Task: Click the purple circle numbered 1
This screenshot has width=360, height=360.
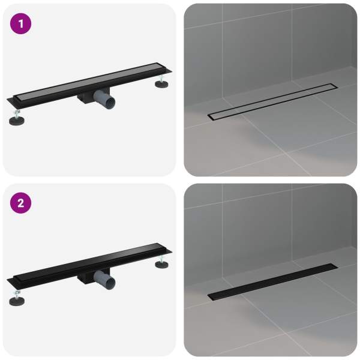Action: tap(20, 23)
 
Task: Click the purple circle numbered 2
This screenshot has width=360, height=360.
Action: tap(20, 203)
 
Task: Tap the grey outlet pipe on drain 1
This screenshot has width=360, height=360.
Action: tap(104, 99)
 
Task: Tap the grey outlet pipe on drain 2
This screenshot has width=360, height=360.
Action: tap(104, 279)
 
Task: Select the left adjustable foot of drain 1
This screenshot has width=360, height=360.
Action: tap(17, 119)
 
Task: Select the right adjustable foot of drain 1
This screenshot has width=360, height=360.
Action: tap(161, 82)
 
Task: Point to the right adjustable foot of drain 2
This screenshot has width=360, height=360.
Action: tap(161, 262)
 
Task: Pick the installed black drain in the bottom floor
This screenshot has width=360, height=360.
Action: tap(273, 282)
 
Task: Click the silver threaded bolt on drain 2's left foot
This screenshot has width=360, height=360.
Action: tap(17, 294)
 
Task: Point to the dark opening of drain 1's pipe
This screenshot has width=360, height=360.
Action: tap(111, 102)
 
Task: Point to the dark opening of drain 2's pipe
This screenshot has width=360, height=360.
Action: tap(111, 283)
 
